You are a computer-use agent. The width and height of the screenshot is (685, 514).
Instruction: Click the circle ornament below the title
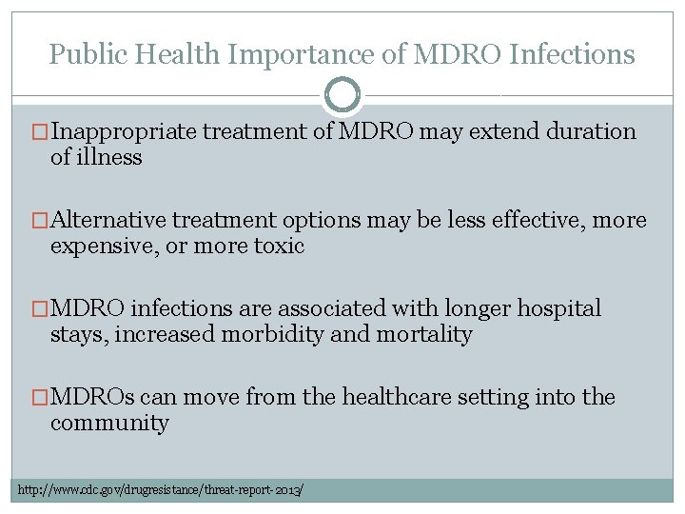342,94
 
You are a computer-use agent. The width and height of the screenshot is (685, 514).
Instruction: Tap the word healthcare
411,397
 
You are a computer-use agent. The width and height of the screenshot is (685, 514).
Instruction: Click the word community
109,423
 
